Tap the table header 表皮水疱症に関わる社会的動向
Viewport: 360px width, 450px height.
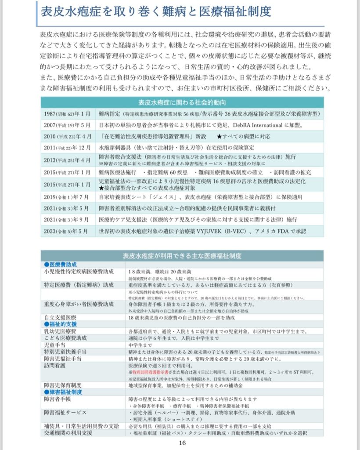tap(182, 103)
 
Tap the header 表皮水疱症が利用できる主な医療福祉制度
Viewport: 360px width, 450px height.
tap(182, 256)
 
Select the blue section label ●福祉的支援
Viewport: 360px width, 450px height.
tap(60, 324)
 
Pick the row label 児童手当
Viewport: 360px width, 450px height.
tap(54, 345)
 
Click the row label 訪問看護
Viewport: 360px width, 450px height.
tap(54, 365)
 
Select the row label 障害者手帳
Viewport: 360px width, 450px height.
tap(58, 399)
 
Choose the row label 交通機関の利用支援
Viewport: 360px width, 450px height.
tap(68, 433)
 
